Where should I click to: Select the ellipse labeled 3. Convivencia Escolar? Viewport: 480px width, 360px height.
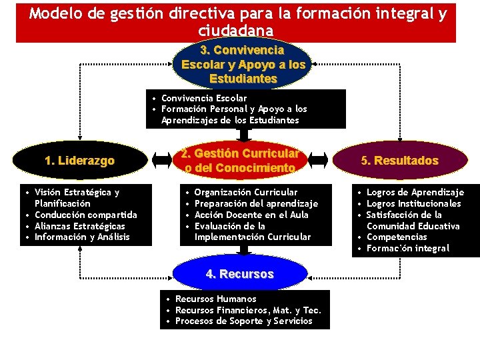click(243, 65)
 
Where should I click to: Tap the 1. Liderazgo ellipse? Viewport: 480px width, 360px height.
click(79, 161)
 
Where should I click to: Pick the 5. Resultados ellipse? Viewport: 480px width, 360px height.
click(399, 161)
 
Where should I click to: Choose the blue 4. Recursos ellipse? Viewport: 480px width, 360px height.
click(240, 274)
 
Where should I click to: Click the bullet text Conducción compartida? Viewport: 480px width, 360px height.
click(85, 215)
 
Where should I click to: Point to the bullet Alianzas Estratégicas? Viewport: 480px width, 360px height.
click(79, 226)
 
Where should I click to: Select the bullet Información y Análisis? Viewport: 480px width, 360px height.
click(82, 237)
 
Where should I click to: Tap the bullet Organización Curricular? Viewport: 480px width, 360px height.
click(246, 192)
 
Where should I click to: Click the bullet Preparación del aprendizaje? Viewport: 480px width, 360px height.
click(256, 203)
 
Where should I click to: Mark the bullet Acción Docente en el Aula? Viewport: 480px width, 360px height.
click(252, 215)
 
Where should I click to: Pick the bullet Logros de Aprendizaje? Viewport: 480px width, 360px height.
click(415, 192)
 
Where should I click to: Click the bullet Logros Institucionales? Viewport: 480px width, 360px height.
click(413, 203)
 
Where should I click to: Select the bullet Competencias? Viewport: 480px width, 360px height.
click(396, 237)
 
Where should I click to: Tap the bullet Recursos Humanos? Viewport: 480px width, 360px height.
click(215, 299)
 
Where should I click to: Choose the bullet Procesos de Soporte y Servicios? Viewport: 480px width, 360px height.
click(243, 321)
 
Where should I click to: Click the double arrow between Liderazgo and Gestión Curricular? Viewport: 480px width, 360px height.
click(160, 161)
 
